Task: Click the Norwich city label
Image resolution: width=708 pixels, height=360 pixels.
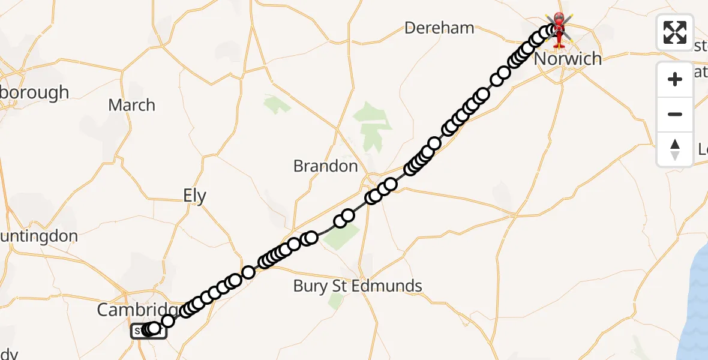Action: click(x=567, y=59)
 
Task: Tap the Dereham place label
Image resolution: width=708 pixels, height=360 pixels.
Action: click(x=439, y=28)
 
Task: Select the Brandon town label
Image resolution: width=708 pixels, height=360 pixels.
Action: click(x=325, y=166)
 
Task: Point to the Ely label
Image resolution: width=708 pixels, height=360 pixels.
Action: click(x=194, y=196)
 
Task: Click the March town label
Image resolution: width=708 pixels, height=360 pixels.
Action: click(x=131, y=106)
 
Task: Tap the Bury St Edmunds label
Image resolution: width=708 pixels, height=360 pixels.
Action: click(x=358, y=286)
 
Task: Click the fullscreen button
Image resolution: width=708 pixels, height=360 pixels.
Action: click(x=675, y=32)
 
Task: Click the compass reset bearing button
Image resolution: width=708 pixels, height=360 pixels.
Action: click(x=675, y=149)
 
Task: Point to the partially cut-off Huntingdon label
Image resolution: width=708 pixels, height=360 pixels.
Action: click(x=39, y=236)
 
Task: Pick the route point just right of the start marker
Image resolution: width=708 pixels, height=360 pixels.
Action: click(x=168, y=321)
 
